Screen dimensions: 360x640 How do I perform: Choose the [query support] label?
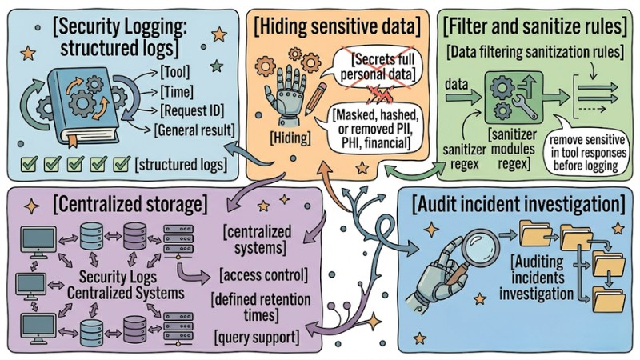pos(255,336)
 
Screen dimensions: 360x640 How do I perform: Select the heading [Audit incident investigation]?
pos(519,203)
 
